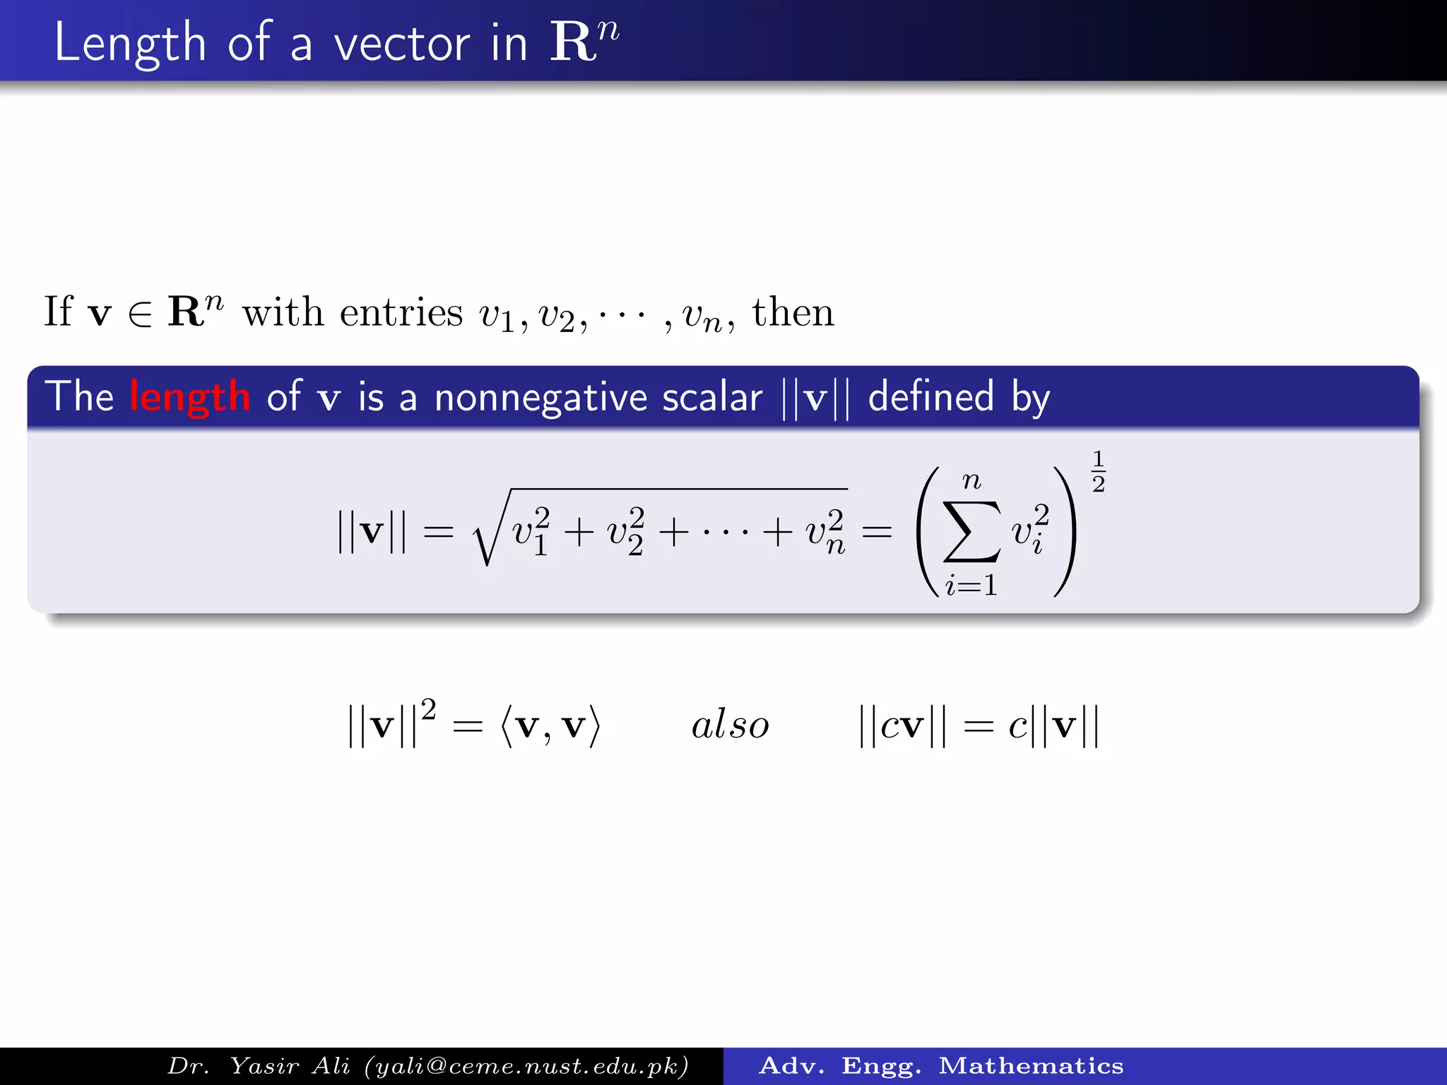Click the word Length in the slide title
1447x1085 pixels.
click(x=129, y=44)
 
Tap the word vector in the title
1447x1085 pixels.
click(x=401, y=44)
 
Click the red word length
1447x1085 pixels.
click(x=190, y=396)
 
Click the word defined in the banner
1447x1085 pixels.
click(x=931, y=396)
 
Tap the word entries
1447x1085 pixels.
click(x=401, y=312)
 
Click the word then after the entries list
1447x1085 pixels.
click(x=793, y=312)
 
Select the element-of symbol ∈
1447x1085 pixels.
click(x=140, y=314)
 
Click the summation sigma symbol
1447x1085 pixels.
click(x=971, y=531)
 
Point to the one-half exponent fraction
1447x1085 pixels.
click(x=1098, y=471)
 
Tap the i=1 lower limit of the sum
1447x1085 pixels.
click(x=971, y=586)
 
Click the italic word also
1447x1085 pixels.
click(x=730, y=725)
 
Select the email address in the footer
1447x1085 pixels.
click(x=526, y=1066)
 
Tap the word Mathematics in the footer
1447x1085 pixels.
click(x=1031, y=1066)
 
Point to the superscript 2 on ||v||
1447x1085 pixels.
click(x=428, y=709)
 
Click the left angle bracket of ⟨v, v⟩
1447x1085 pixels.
click(x=506, y=726)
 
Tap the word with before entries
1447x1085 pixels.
click(x=283, y=312)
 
